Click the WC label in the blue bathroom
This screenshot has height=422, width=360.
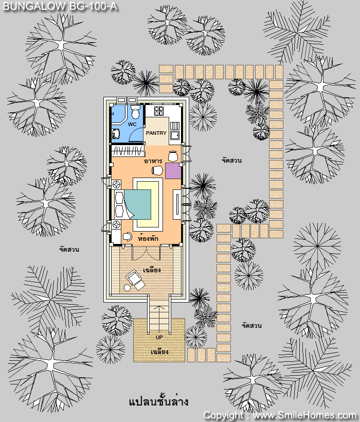pyautogui.click(x=132, y=125)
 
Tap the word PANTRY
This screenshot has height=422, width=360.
pyautogui.click(x=156, y=133)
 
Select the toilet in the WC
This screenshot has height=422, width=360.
pyautogui.click(x=135, y=112)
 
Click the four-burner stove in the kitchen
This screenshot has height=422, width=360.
pyautogui.click(x=158, y=111)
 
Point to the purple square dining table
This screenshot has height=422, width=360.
pyautogui.click(x=173, y=171)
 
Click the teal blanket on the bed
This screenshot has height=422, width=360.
pyautogui.click(x=138, y=204)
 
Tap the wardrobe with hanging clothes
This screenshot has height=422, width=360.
pyautogui.click(x=128, y=151)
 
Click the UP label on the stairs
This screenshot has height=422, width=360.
pyautogui.click(x=159, y=337)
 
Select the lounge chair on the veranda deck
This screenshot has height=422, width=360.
pyautogui.click(x=135, y=279)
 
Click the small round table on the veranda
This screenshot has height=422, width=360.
pyautogui.click(x=127, y=288)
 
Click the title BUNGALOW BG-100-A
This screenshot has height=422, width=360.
pyautogui.click(x=60, y=6)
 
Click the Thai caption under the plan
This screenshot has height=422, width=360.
pyautogui.click(x=158, y=402)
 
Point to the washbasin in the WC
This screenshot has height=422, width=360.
pyautogui.click(x=115, y=133)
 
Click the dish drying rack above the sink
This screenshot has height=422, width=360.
pyautogui.click(x=175, y=126)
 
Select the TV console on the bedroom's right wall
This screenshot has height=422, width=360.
pyautogui.click(x=177, y=204)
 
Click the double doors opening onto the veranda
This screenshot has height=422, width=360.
pyautogui.click(x=146, y=253)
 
